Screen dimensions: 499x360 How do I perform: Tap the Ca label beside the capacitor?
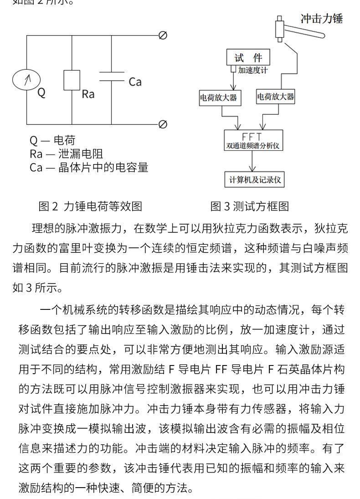135,82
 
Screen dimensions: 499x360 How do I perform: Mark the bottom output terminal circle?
162,124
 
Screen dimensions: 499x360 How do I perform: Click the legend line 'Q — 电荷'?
52,140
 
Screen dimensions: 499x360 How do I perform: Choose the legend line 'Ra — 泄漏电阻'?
66,154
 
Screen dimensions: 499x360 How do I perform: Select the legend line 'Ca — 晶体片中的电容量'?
89,167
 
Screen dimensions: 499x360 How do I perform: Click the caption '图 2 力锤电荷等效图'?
90,206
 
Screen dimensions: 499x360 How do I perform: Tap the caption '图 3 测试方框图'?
249,206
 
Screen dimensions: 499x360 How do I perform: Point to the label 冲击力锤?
322,19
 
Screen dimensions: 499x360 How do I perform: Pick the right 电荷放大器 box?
276,97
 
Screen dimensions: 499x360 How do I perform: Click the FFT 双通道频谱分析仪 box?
254,141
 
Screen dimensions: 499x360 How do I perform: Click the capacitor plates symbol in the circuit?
111,76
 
